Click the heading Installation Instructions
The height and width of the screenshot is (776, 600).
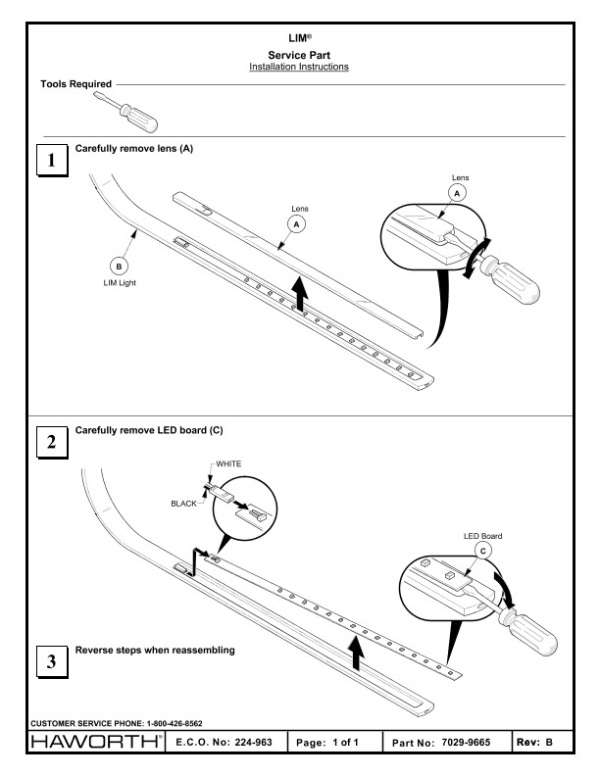300,67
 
